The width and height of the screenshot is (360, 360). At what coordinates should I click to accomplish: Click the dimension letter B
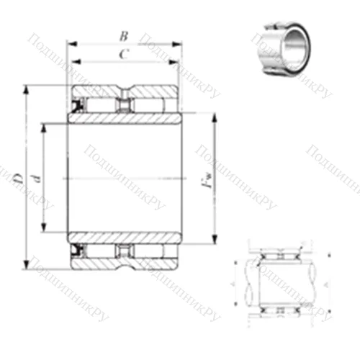point(123,34)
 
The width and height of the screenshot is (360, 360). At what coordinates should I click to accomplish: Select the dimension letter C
point(123,54)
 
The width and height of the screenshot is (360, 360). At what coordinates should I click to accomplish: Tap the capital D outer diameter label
point(18,176)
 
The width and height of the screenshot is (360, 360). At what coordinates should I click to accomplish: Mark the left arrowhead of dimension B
point(70,43)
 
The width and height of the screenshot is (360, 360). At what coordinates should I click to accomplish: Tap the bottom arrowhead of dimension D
point(27,264)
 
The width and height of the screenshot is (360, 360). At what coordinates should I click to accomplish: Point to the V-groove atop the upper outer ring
point(124,90)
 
